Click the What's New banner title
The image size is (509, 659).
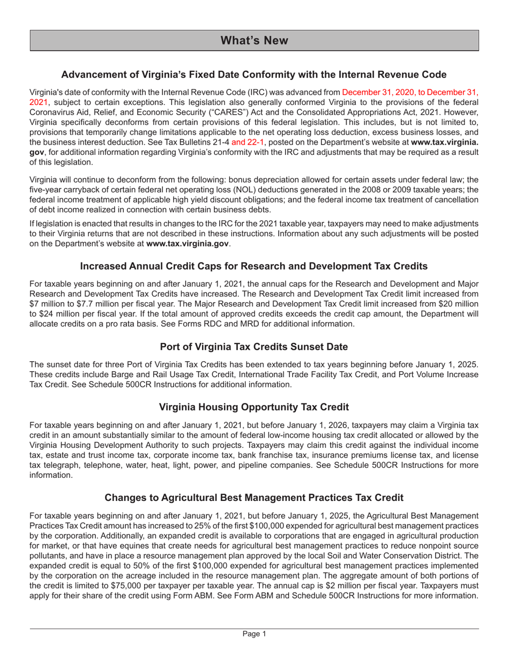tap(254, 41)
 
